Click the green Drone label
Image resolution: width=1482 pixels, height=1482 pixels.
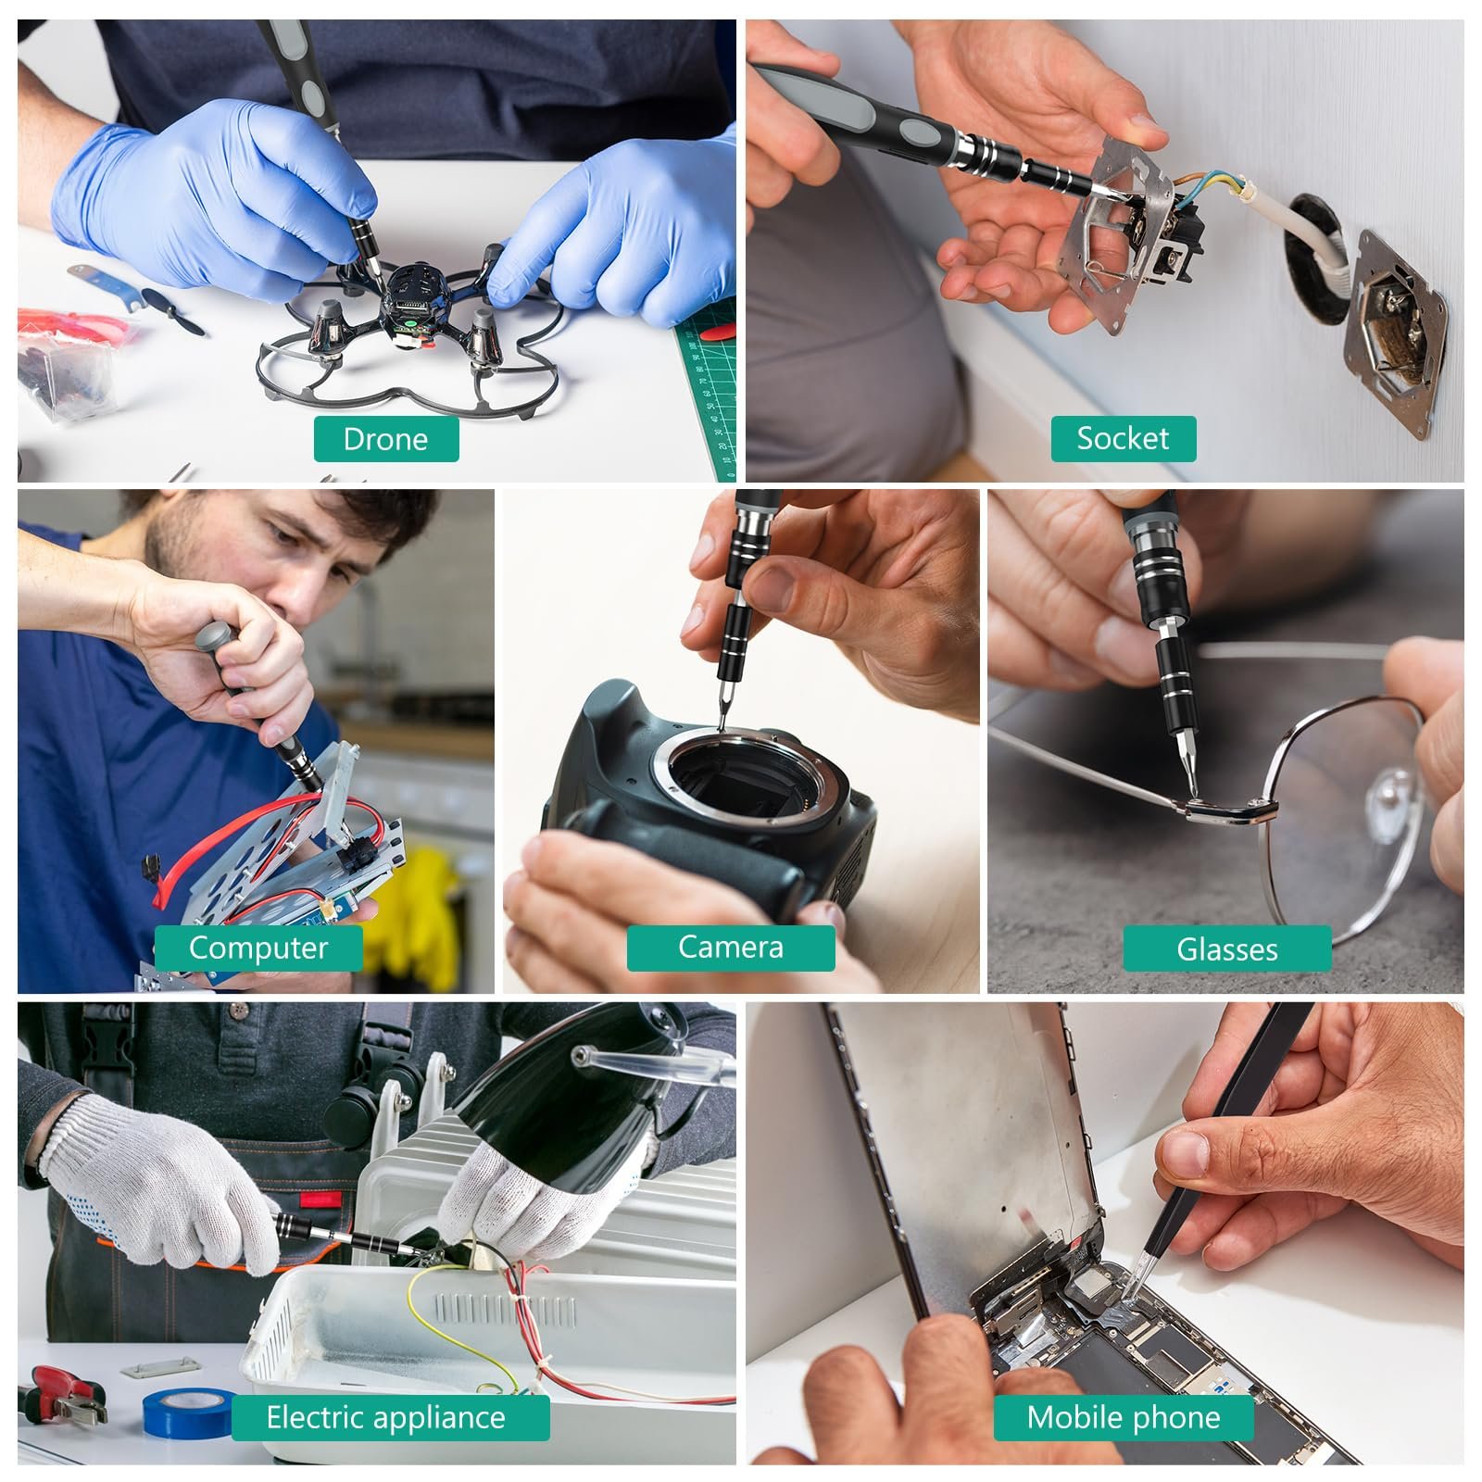click(x=386, y=439)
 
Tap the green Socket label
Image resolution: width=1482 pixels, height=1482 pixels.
click(x=1123, y=438)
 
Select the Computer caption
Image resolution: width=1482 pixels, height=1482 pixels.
click(x=257, y=948)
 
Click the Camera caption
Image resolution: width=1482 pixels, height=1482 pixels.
click(x=730, y=948)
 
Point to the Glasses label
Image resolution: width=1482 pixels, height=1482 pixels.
click(x=1226, y=948)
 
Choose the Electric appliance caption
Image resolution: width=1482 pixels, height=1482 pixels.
click(x=390, y=1417)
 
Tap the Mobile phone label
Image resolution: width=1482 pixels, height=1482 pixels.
click(x=1123, y=1417)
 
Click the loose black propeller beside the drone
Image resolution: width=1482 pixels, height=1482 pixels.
click(x=173, y=312)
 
